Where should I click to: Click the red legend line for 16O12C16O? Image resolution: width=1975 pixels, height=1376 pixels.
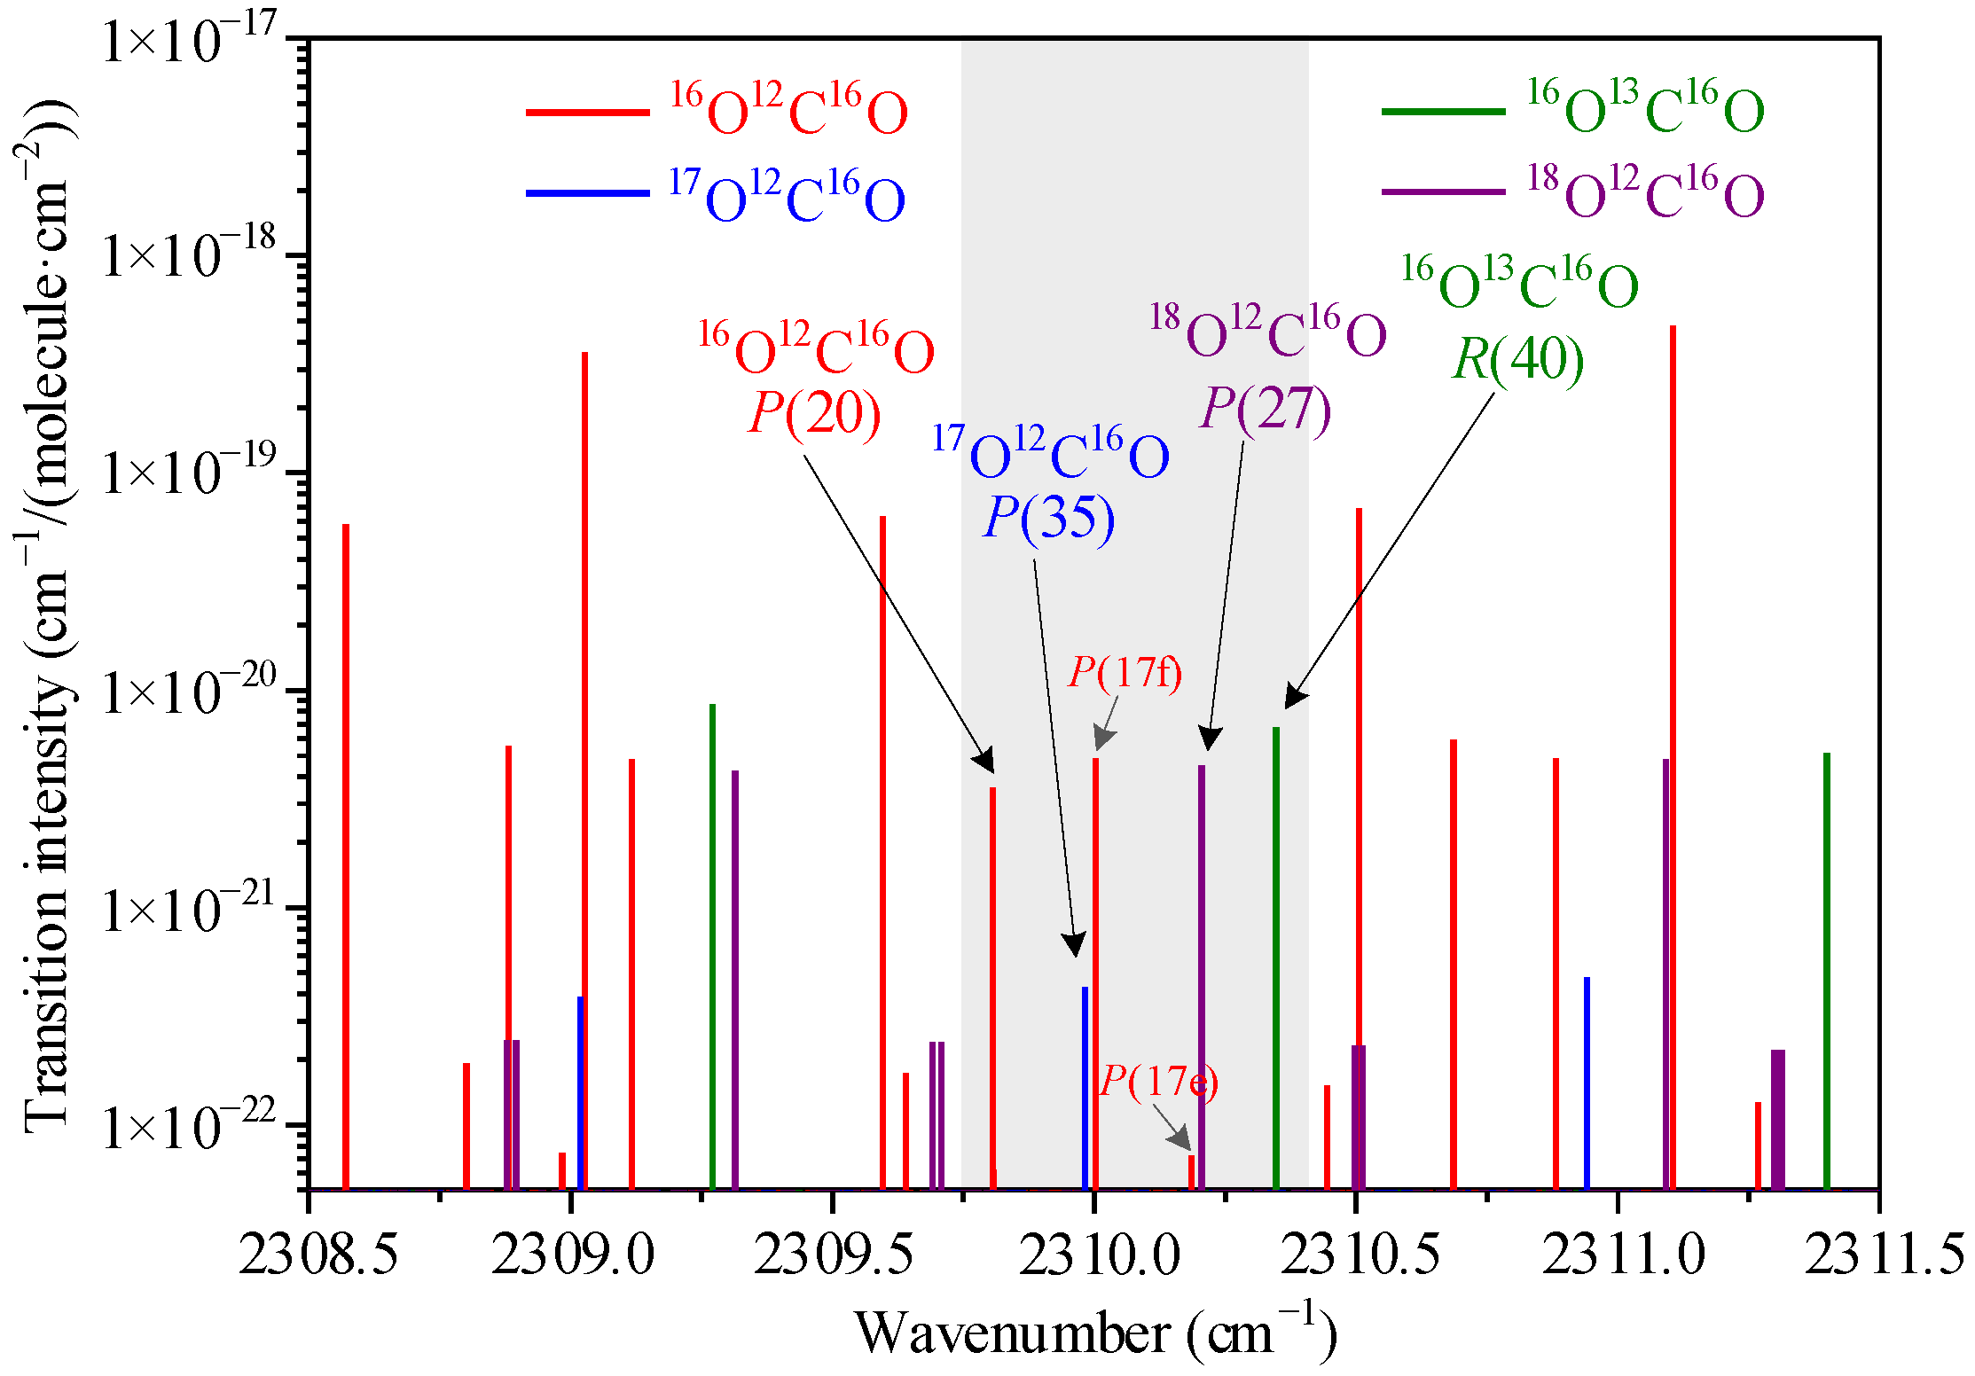coord(587,113)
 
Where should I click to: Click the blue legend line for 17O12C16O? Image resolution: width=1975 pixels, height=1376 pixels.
coord(587,192)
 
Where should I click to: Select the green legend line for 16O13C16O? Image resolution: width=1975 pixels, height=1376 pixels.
coord(1443,112)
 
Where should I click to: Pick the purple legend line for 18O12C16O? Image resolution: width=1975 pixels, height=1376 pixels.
coord(1443,192)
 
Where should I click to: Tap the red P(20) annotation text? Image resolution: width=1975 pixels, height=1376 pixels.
coord(814,413)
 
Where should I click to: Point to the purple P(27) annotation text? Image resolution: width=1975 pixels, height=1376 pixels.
coord(1266,409)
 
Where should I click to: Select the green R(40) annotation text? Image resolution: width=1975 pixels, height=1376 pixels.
coord(1518,359)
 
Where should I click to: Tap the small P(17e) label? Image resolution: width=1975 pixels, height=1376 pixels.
coord(1158,1081)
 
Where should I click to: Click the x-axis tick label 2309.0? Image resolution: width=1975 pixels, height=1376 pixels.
coord(572,1255)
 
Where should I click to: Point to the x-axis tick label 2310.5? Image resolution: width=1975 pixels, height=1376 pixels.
coord(1359,1255)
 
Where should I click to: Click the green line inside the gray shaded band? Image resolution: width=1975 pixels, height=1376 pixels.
coord(1276,958)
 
